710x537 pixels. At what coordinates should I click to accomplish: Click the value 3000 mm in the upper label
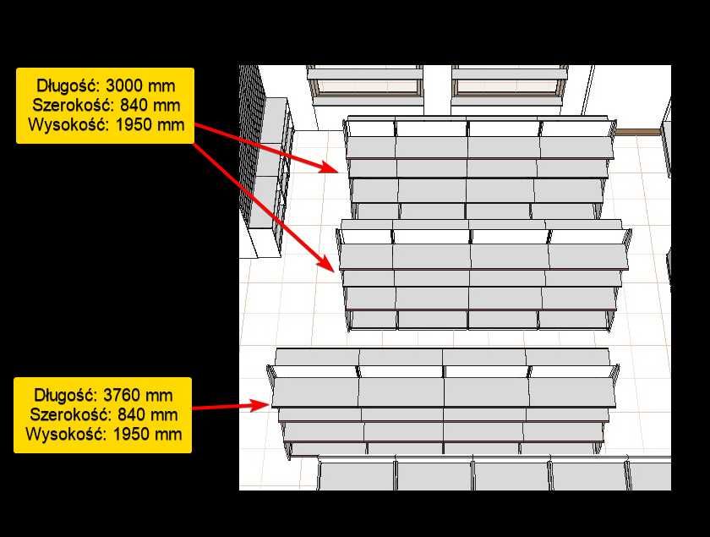(x=140, y=85)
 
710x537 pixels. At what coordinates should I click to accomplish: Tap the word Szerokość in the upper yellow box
(x=74, y=105)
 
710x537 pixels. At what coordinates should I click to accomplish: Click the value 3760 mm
(x=138, y=395)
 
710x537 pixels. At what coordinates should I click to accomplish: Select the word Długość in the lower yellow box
(x=66, y=396)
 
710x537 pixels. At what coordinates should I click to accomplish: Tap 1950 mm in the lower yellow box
(x=147, y=434)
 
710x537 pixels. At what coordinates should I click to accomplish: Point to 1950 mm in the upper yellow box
(x=150, y=124)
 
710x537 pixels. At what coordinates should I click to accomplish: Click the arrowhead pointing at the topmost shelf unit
(x=329, y=167)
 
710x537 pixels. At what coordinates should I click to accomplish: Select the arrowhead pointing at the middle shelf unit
(x=327, y=263)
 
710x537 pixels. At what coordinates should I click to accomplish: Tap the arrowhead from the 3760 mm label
(x=260, y=405)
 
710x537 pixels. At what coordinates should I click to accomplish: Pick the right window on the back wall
(x=509, y=85)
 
